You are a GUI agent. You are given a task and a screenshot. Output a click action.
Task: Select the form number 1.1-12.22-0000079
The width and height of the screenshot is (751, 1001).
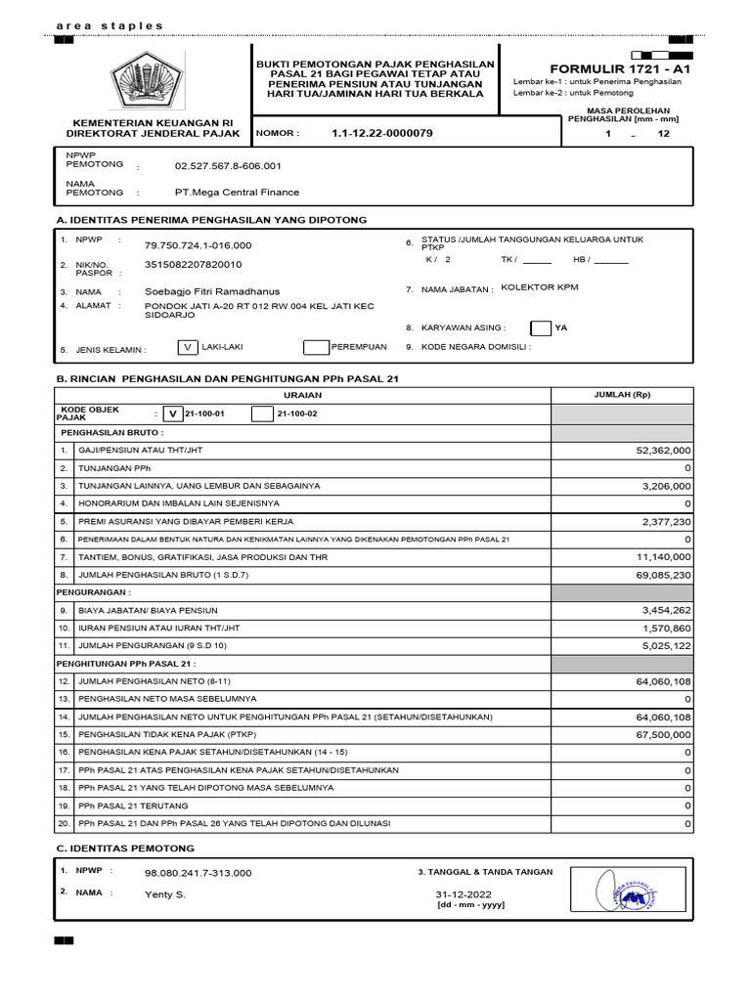[381, 133]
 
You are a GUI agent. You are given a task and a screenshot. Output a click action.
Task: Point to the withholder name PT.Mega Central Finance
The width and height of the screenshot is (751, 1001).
[237, 193]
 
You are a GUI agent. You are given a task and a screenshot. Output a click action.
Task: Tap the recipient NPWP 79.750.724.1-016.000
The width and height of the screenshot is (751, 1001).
[198, 245]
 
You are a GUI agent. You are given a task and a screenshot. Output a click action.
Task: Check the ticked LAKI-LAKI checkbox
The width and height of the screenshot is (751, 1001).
[188, 347]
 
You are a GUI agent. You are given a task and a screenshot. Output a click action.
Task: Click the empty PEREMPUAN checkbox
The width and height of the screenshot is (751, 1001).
[316, 347]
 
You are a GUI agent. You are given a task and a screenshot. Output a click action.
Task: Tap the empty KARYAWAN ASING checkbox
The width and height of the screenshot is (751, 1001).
[541, 328]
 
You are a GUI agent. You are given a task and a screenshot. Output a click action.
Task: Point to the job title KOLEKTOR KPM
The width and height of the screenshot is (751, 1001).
[541, 287]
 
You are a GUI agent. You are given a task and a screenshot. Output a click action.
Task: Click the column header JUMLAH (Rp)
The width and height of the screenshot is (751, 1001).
[622, 395]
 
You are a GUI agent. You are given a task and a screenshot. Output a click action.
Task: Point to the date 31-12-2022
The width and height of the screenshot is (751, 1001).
[464, 894]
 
